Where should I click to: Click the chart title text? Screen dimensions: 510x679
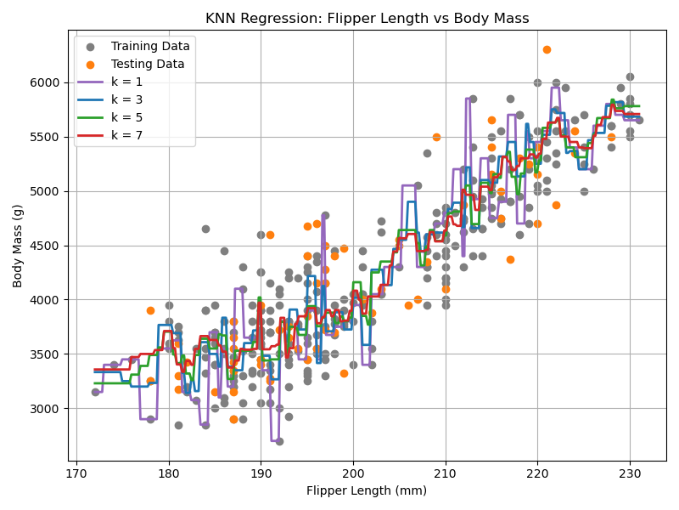point(367,19)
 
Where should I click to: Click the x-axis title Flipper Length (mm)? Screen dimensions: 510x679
point(367,490)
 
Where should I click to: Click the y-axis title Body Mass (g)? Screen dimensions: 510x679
point(18,246)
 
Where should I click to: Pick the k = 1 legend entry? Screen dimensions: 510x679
point(128,82)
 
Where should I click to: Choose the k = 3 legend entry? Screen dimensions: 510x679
point(128,99)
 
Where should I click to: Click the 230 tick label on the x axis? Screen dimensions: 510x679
point(630,473)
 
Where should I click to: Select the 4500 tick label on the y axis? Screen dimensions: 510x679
point(48,246)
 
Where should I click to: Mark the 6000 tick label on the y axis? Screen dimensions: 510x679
point(48,82)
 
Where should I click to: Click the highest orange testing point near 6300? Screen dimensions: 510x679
point(547,50)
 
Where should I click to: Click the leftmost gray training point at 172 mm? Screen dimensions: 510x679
point(95,392)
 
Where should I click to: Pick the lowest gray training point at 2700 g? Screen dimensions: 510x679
point(279,441)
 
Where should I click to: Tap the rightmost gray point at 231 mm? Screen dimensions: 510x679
point(639,120)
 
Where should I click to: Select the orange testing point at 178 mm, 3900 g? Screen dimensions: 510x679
point(150,310)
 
